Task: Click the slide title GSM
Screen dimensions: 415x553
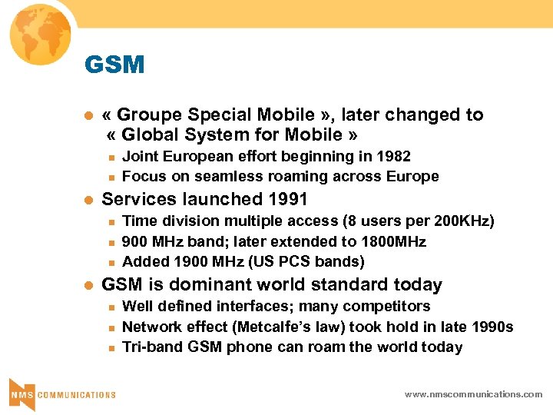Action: pyautogui.click(x=114, y=65)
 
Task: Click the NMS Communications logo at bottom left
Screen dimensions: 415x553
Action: pyautogui.click(x=61, y=393)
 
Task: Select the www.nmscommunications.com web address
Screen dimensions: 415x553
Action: pyautogui.click(x=473, y=394)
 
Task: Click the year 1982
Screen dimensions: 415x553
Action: pyautogui.click(x=393, y=157)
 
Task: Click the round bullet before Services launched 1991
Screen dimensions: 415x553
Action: pyautogui.click(x=88, y=200)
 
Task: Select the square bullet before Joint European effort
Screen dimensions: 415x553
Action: pyautogui.click(x=110, y=157)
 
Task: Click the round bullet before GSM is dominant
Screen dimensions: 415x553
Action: pyautogui.click(x=88, y=285)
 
